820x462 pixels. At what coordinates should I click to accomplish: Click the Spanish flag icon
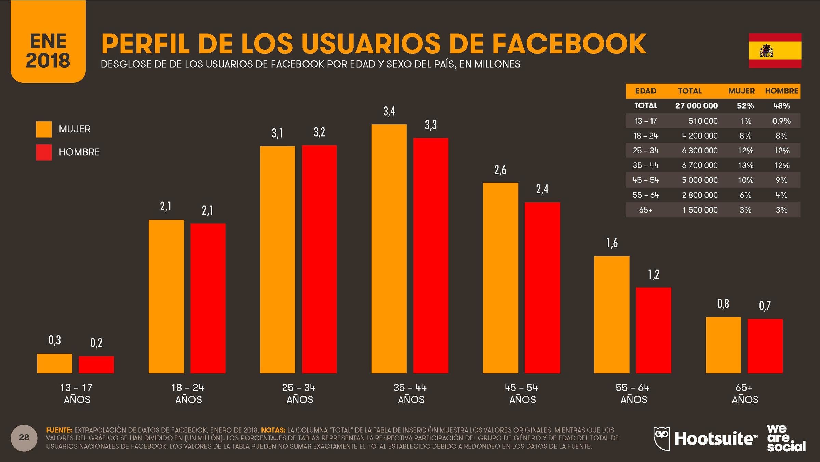point(775,51)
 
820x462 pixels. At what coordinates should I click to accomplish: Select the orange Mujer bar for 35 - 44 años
point(389,248)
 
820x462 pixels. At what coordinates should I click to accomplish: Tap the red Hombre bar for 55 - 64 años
point(653,330)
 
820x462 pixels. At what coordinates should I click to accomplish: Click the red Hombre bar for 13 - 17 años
point(96,364)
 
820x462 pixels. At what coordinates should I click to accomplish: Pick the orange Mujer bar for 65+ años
point(723,345)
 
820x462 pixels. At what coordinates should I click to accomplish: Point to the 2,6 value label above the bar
point(500,170)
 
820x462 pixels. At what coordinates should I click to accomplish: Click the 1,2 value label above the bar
point(653,274)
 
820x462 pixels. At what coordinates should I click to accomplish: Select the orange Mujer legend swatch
point(44,129)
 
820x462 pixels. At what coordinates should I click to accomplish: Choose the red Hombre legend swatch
point(44,152)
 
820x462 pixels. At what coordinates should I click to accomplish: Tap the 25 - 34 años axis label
point(299,394)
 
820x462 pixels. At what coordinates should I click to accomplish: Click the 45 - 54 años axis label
point(522,394)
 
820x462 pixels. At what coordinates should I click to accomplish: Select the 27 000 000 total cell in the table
point(696,106)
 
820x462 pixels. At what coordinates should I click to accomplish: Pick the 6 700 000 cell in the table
point(699,165)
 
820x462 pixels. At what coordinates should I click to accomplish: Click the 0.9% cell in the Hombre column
point(781,121)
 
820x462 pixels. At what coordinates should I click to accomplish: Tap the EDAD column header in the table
point(645,91)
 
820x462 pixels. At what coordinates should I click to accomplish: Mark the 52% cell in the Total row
point(745,106)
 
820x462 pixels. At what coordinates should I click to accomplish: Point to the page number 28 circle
point(24,438)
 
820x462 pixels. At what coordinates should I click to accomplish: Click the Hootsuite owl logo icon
point(661,438)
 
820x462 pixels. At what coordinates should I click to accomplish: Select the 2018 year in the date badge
point(48,61)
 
